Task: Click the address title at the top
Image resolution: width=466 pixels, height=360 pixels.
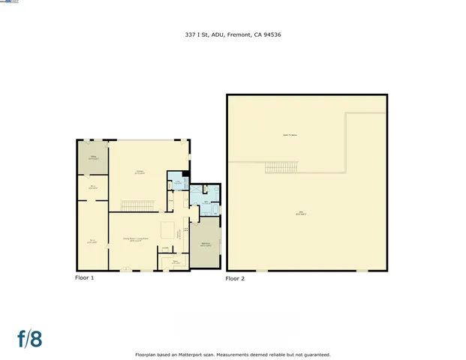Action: tap(233, 34)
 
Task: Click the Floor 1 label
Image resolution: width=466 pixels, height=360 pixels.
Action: tap(84, 277)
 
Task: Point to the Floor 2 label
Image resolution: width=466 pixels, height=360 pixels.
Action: tap(235, 278)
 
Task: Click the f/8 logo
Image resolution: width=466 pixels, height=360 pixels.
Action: tap(30, 338)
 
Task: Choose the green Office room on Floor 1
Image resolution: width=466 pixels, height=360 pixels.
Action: tap(92, 158)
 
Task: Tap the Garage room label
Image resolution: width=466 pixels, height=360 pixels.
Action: tap(140, 172)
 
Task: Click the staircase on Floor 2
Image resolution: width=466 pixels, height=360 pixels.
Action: tap(282, 167)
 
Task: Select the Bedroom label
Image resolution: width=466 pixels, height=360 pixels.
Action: tap(205, 244)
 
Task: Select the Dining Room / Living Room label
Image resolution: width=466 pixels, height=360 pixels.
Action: tap(136, 240)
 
